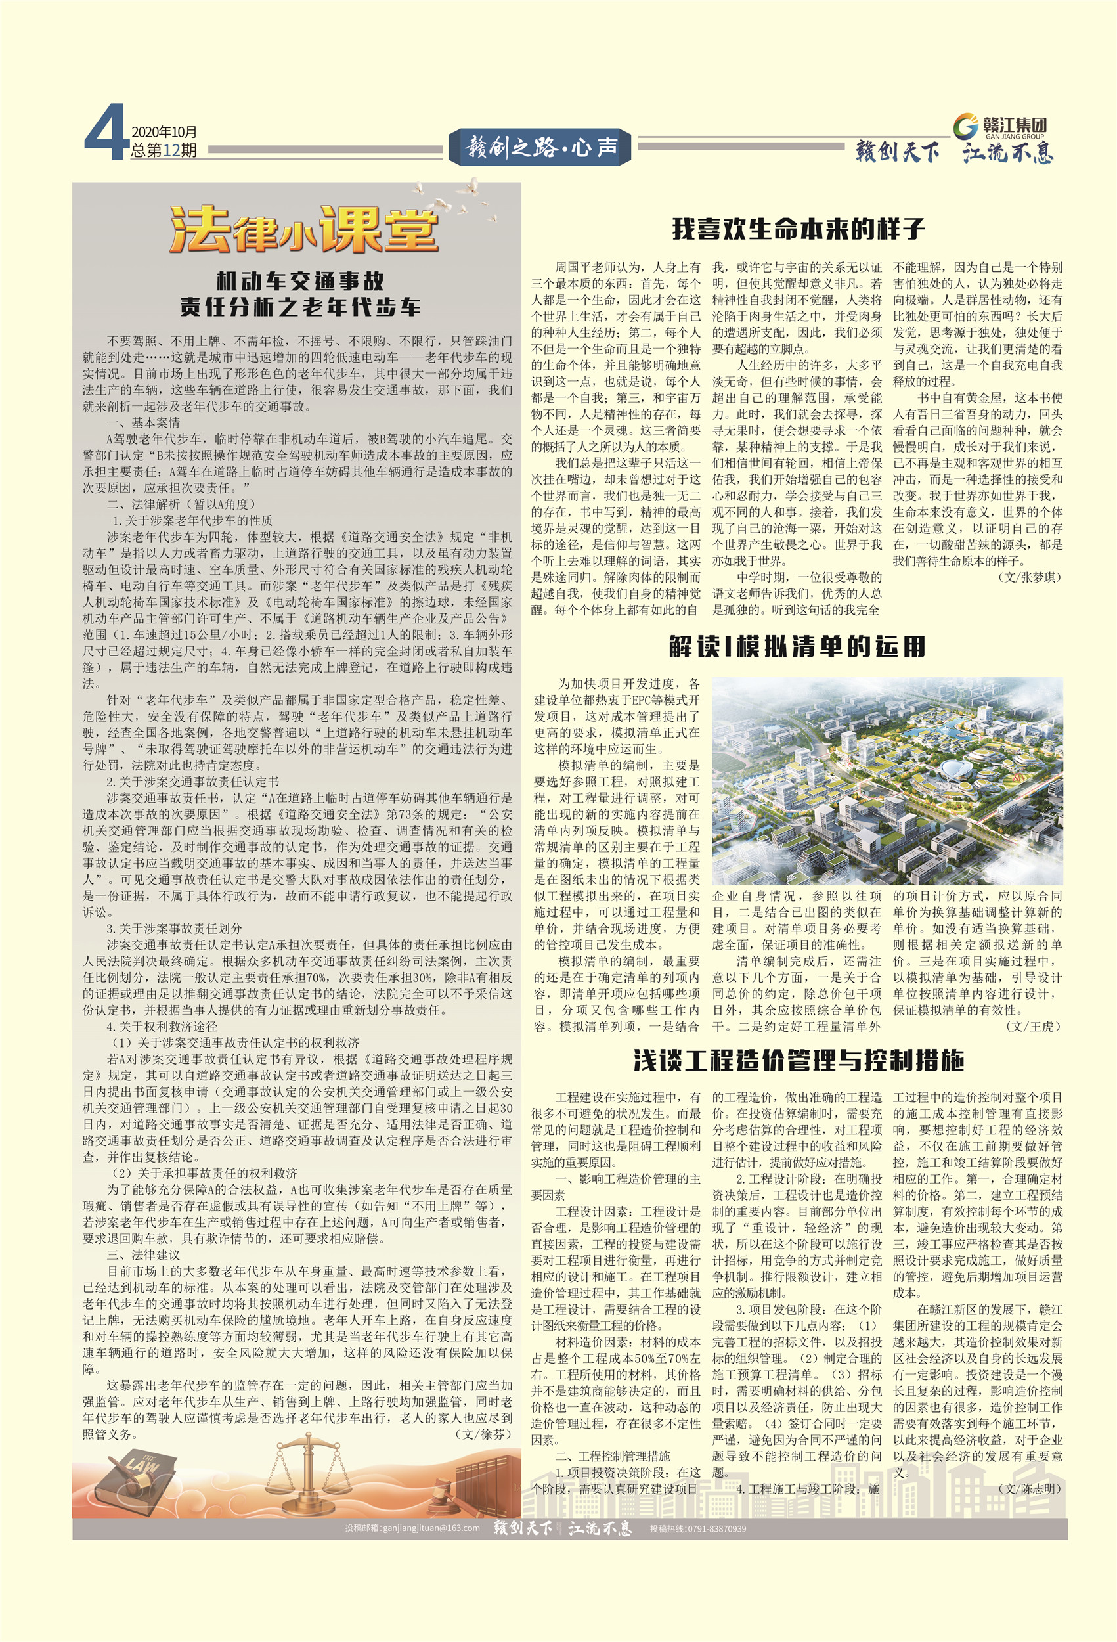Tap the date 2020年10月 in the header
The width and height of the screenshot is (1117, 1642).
point(164,132)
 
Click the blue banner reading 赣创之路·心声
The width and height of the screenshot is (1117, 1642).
point(542,148)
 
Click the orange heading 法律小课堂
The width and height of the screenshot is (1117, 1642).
point(304,230)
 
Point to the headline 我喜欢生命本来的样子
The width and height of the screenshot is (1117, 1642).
point(798,228)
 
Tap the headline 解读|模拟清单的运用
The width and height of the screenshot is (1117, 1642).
point(797,646)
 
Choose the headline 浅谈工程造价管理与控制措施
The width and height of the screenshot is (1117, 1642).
point(799,1060)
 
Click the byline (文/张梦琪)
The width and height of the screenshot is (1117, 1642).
point(1030,577)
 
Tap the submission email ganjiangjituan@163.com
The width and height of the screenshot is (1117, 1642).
point(412,1528)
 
